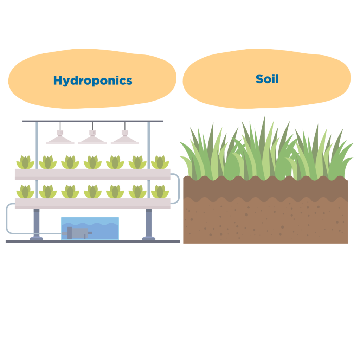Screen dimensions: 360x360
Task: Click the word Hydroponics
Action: [x=93, y=81]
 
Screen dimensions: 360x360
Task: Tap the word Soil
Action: [x=267, y=79]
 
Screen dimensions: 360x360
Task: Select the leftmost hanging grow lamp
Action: [x=60, y=137]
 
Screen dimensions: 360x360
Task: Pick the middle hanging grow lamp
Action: [x=92, y=137]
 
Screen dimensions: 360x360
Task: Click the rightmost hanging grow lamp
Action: [x=125, y=137]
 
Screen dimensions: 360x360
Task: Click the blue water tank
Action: [x=90, y=229]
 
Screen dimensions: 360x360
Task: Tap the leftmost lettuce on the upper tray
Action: [x=25, y=162]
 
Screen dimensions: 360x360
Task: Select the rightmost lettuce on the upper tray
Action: [x=160, y=162]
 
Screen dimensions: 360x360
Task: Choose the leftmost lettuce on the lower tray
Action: [x=25, y=192]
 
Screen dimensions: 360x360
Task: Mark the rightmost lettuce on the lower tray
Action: [x=160, y=192]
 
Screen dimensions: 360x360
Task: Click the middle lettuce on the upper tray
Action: [x=92, y=162]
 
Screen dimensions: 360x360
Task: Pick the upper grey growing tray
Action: [x=92, y=174]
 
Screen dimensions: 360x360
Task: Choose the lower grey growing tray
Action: [x=92, y=204]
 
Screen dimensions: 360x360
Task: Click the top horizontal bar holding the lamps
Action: [x=93, y=121]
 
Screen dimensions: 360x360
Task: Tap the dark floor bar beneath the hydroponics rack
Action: [x=92, y=242]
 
